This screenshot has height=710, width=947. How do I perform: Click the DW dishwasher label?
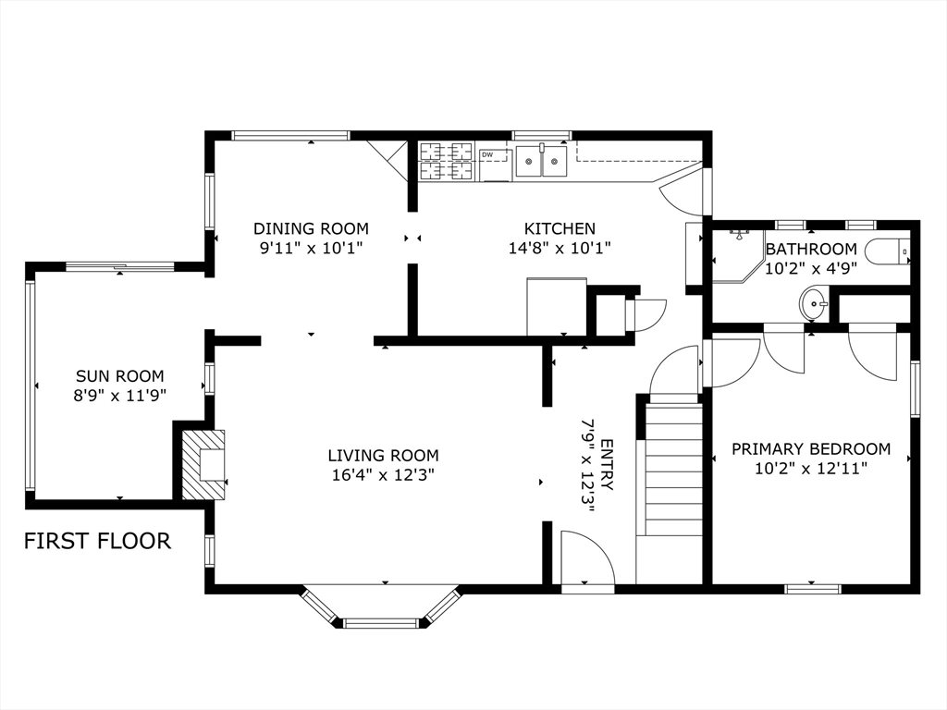487,155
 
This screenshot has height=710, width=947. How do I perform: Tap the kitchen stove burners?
447,161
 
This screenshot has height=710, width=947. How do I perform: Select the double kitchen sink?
541,161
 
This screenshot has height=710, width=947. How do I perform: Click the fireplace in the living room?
203,464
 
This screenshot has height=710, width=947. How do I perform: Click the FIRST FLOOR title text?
97,541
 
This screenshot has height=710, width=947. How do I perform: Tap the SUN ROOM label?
119,376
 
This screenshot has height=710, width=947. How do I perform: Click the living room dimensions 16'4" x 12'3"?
384,475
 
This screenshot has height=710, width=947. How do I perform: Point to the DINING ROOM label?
311,229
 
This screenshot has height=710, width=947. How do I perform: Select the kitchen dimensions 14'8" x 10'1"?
560,248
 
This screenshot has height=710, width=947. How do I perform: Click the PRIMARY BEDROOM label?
811,449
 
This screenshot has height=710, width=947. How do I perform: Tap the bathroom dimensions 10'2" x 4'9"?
811,269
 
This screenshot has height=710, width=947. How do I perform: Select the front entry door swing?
587,557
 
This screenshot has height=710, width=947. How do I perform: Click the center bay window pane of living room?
380,622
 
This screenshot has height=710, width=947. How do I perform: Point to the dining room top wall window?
290,135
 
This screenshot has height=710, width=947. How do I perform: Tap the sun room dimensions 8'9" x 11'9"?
119,396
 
